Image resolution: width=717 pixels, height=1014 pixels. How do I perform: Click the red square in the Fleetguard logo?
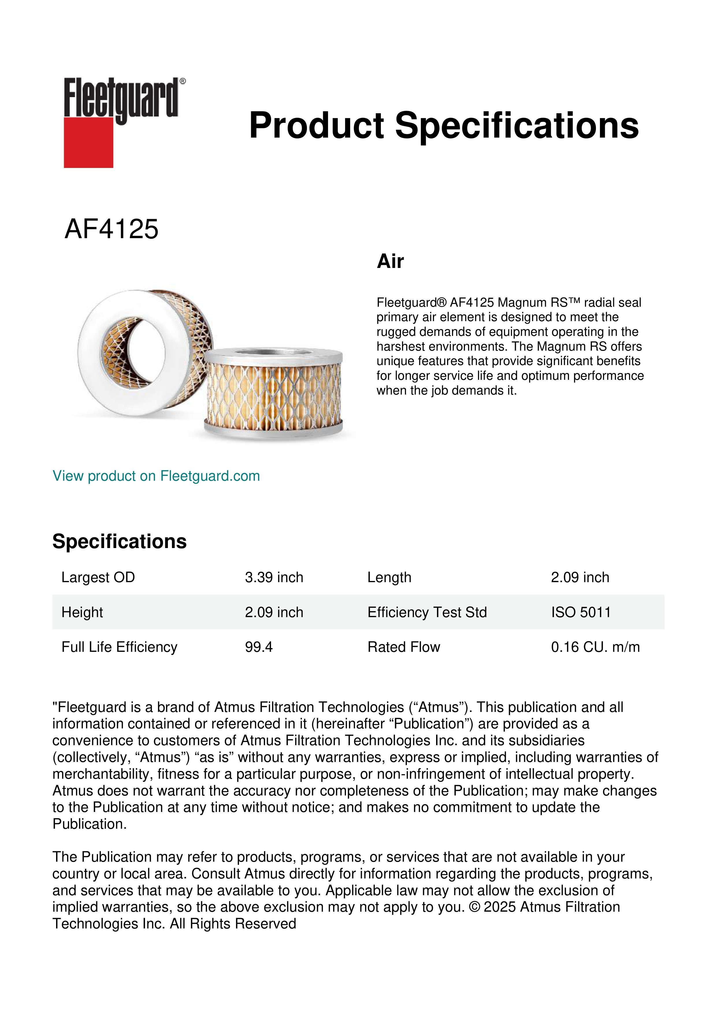(x=88, y=142)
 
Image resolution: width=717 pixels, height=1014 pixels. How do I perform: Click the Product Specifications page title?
(x=444, y=125)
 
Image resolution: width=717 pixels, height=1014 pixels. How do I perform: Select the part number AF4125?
(x=111, y=229)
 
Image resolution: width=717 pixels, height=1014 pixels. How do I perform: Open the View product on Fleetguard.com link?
(x=156, y=476)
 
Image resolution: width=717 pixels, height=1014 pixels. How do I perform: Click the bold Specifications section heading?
(x=119, y=541)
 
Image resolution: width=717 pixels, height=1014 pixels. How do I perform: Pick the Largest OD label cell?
(x=98, y=577)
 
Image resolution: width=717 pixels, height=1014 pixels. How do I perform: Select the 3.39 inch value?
(x=274, y=577)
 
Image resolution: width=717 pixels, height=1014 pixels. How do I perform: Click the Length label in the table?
(x=389, y=577)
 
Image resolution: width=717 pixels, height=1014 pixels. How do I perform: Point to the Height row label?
(x=82, y=612)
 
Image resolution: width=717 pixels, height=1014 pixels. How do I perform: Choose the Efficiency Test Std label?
(x=427, y=612)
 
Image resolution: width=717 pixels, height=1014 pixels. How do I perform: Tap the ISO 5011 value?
(x=581, y=612)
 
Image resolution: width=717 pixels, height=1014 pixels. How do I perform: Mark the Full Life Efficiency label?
(x=119, y=647)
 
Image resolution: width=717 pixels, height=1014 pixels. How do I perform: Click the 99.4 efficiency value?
(x=259, y=647)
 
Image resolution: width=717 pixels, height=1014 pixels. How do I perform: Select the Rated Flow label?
(x=403, y=647)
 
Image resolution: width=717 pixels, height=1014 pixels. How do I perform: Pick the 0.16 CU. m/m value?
(x=595, y=647)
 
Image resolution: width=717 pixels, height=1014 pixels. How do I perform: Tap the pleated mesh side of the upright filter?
(x=274, y=393)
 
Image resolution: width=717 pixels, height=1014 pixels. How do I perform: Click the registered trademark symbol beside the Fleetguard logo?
(x=183, y=81)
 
